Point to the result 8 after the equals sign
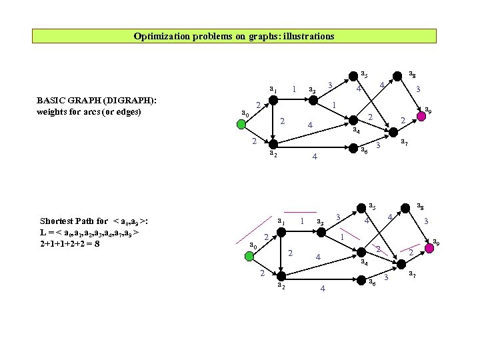point(97,243)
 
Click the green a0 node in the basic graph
point(241,124)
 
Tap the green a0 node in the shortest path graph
point(241,257)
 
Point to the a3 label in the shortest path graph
point(321,222)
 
